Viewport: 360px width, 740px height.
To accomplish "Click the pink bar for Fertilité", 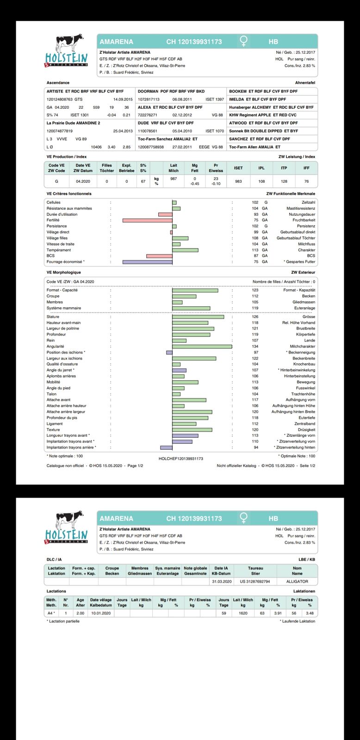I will click(x=147, y=220).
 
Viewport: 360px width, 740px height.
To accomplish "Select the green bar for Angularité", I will click(x=202, y=346).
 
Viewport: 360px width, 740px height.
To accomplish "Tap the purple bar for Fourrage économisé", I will click(x=147, y=262).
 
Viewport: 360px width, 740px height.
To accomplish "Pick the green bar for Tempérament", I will click(x=185, y=250).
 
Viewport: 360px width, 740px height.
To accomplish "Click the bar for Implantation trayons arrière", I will click(x=166, y=448).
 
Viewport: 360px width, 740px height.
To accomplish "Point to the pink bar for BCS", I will click(x=159, y=256).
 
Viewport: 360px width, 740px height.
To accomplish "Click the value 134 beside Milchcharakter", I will click(x=255, y=346).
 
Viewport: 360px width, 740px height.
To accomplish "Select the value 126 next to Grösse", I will click(x=255, y=317).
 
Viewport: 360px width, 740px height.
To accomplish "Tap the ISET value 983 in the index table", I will click(x=238, y=181).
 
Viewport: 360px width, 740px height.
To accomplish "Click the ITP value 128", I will click(x=284, y=181).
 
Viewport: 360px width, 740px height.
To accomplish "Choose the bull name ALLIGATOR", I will click(x=297, y=581).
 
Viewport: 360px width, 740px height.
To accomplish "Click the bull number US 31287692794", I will click(x=255, y=581).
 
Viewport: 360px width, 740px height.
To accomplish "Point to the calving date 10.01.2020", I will click(x=100, y=613).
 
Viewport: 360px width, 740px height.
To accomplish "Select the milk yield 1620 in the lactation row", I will click(x=243, y=613).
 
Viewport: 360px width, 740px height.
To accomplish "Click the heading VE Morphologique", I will click(x=64, y=273).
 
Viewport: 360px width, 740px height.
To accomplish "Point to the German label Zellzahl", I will click(x=308, y=203).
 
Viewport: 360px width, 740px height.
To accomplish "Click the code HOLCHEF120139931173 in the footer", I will click(x=180, y=459).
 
